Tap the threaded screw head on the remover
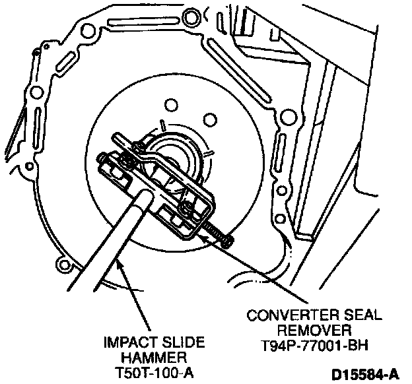coord(227,242)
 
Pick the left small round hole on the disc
coord(171,105)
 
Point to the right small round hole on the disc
coord(209,119)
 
